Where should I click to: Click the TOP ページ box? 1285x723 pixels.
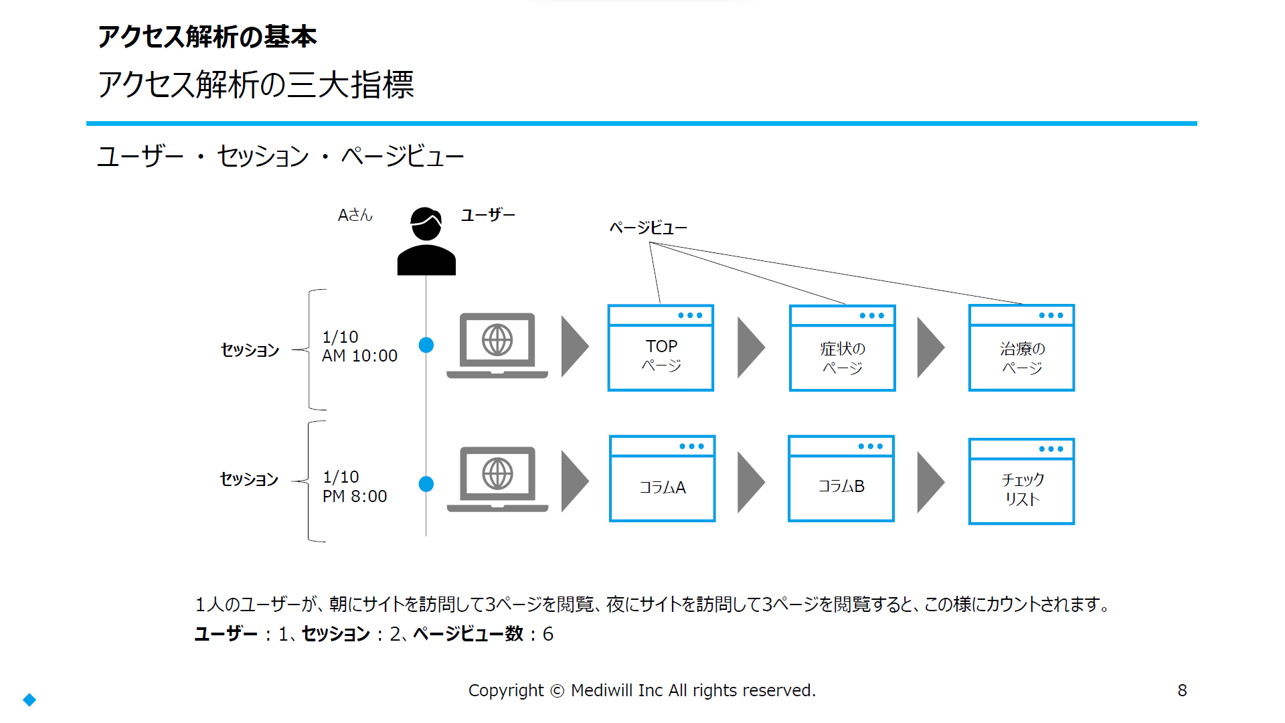[x=661, y=347]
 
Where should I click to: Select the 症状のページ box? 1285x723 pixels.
[x=842, y=347]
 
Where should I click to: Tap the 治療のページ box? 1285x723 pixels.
[x=1021, y=347]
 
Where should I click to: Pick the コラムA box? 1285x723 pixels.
[x=662, y=478]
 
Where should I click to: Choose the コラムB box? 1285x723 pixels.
[x=841, y=478]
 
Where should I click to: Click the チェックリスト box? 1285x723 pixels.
[x=1021, y=481]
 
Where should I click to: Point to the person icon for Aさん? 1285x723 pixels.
[x=426, y=241]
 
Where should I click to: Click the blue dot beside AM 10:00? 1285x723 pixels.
[x=426, y=345]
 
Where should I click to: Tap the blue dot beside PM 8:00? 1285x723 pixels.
[x=426, y=483]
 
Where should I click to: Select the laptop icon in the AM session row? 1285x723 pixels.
[x=497, y=345]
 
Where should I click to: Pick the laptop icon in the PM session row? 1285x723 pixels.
[x=497, y=479]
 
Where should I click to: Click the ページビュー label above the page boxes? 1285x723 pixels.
[x=648, y=228]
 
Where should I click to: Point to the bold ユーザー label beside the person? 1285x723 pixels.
[x=488, y=215]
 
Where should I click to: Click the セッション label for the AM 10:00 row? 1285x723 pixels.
[x=250, y=349]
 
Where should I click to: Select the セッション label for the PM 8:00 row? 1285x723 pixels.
[x=249, y=479]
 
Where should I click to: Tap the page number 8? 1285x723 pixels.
[x=1183, y=690]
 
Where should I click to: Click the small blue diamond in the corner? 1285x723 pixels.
[x=29, y=700]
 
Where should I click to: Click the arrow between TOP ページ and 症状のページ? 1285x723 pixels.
[x=751, y=347]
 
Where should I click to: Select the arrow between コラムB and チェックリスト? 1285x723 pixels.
[x=930, y=482]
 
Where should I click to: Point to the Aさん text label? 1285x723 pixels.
[x=355, y=215]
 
